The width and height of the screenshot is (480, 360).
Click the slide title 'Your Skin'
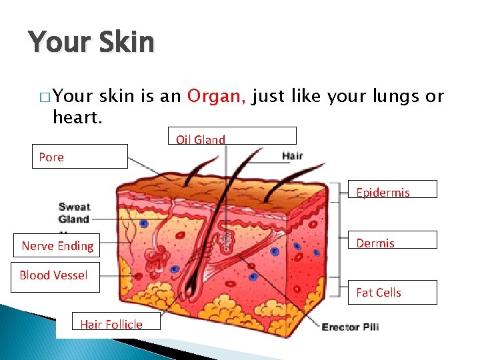pos(91,43)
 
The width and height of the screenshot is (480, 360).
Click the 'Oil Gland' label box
pos(231,136)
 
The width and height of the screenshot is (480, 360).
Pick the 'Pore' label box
pos(79,157)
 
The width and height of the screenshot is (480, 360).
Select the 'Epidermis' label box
pos(393,189)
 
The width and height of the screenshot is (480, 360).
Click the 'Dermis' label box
pos(393,240)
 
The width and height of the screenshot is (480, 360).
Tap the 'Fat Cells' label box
pos(393,292)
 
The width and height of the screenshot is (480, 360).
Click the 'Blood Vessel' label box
pos(54,275)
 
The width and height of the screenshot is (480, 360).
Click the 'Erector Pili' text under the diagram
pos(350,327)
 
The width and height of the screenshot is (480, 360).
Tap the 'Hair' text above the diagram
pos(293,156)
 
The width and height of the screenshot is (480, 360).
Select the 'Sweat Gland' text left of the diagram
pos(74,213)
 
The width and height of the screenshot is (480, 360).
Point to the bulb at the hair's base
pos(193,287)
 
